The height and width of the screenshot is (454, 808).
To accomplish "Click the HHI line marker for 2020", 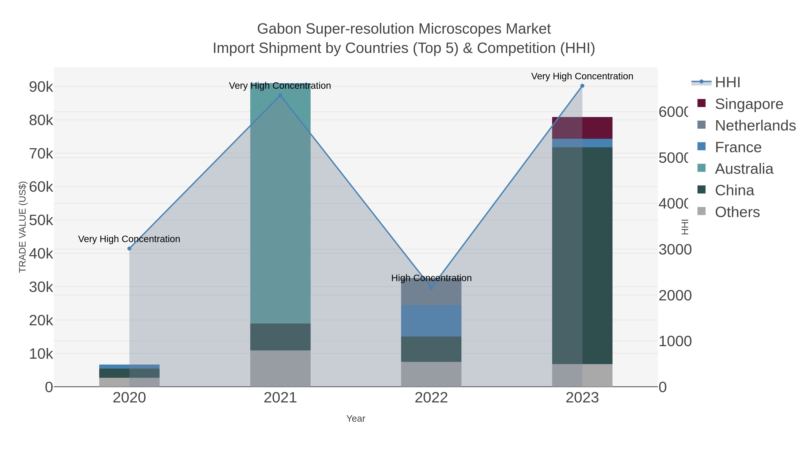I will pos(129,248).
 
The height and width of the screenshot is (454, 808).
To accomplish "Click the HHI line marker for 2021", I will pos(280,96).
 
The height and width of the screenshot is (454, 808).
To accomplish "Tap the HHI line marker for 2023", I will pos(582,86).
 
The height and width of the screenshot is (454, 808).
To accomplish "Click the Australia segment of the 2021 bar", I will pos(280,204).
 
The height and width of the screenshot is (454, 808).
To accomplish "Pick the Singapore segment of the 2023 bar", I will pos(582,128).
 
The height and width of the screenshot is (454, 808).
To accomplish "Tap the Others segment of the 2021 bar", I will pos(280,368).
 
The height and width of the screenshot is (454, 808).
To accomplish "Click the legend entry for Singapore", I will pos(749,104).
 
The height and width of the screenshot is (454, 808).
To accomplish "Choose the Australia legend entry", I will pos(744,169).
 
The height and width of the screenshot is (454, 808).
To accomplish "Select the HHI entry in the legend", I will pos(727,83).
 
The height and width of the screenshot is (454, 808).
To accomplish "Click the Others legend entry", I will pos(737,212).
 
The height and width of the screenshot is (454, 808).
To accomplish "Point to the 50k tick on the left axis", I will pos(41,220).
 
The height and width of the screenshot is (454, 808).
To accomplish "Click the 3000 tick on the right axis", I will pos(675,250).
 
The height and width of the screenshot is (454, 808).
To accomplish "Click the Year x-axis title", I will pos(356,419).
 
